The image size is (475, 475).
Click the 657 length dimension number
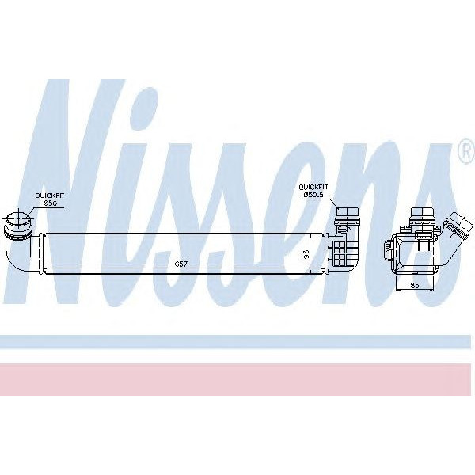[180, 264]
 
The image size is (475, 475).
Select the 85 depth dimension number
[415, 286]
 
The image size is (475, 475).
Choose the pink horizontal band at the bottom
[237, 379]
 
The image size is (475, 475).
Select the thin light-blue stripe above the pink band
[237, 342]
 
